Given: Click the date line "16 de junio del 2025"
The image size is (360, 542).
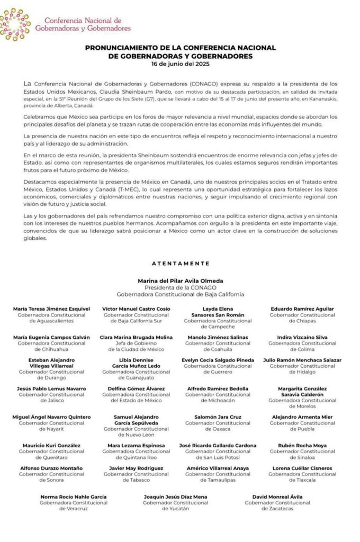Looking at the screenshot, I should tap(180, 64).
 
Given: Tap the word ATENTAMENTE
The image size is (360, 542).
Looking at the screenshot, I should tap(181, 263).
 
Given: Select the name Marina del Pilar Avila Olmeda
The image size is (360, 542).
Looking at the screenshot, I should tap(181, 281).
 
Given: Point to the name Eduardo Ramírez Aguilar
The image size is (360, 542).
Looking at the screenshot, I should tap(303, 308).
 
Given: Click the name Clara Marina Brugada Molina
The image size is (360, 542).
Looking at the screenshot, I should tap(136, 337).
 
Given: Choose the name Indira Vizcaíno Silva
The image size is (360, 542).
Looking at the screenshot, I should tap(303, 337).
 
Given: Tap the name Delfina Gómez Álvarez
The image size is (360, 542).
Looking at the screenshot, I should tap(136, 389).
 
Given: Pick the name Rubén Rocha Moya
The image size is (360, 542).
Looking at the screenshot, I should tap(303, 446).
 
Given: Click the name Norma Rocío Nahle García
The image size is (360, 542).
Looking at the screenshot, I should tap(74, 497).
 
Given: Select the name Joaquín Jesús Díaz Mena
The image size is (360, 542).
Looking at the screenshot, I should tap(176, 497).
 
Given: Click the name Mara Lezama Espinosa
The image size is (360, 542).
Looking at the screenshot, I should tap(136, 446).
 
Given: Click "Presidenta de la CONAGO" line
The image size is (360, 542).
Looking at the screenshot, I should tap(181, 287).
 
